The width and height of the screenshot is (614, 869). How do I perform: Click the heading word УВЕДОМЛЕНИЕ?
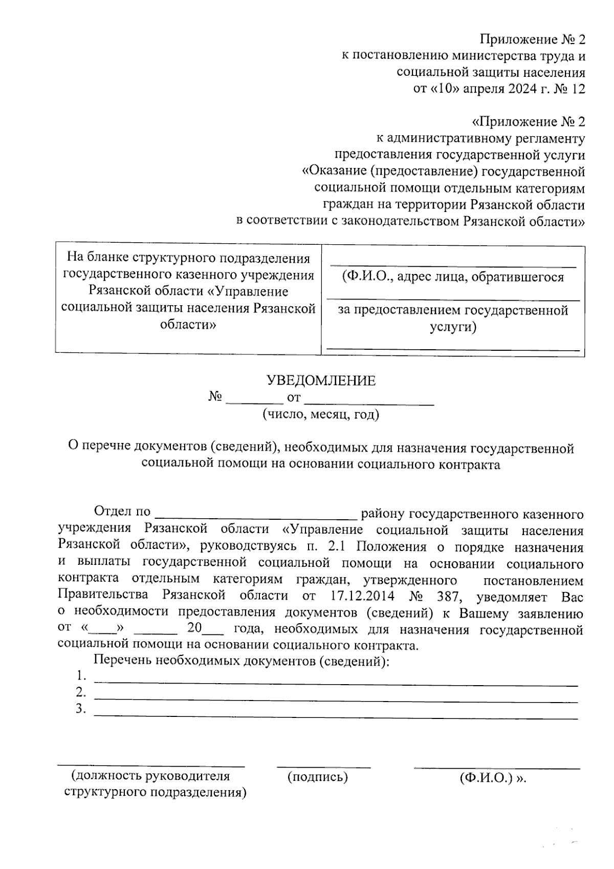321,380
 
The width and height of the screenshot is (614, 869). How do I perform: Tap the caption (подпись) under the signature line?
318,777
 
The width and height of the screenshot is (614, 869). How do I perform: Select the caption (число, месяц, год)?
321,414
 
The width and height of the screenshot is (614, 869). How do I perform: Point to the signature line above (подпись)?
323,766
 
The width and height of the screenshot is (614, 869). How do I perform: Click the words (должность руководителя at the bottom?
151,776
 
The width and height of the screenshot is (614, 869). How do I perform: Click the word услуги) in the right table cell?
453,327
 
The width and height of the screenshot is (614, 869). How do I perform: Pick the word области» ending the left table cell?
188,325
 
